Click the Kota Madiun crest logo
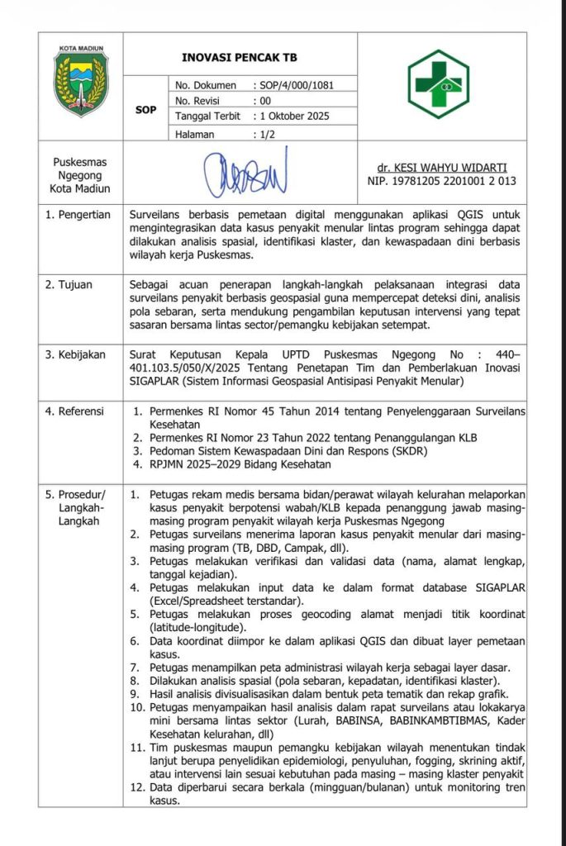[81, 78]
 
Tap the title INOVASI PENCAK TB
[239, 58]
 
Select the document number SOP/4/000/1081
[297, 85]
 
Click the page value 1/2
[266, 133]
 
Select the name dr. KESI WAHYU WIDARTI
[442, 167]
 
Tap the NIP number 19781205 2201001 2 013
[442, 180]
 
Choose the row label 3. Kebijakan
[76, 354]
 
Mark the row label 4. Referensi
[77, 410]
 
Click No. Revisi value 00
[265, 101]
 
